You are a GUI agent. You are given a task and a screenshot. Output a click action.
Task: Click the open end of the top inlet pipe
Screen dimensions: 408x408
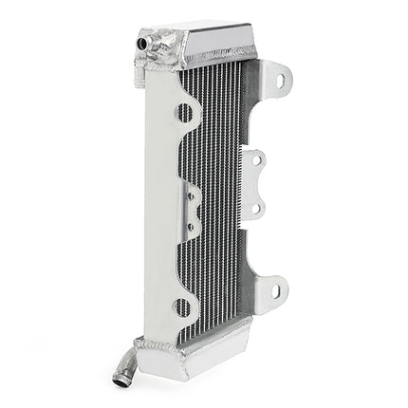[x=142, y=44]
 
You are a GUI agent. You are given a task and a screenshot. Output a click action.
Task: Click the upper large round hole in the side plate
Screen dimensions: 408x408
[x=184, y=113]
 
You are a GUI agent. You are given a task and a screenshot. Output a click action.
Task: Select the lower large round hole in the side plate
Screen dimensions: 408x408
[x=182, y=306]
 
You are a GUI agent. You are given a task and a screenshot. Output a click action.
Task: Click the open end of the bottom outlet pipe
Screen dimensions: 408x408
[x=121, y=383]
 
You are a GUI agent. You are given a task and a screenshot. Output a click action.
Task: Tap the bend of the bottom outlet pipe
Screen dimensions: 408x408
[x=125, y=365]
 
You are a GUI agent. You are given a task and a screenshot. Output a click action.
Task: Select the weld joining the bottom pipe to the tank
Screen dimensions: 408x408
[x=139, y=345]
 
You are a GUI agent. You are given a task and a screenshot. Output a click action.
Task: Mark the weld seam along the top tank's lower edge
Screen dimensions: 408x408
[x=218, y=60]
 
